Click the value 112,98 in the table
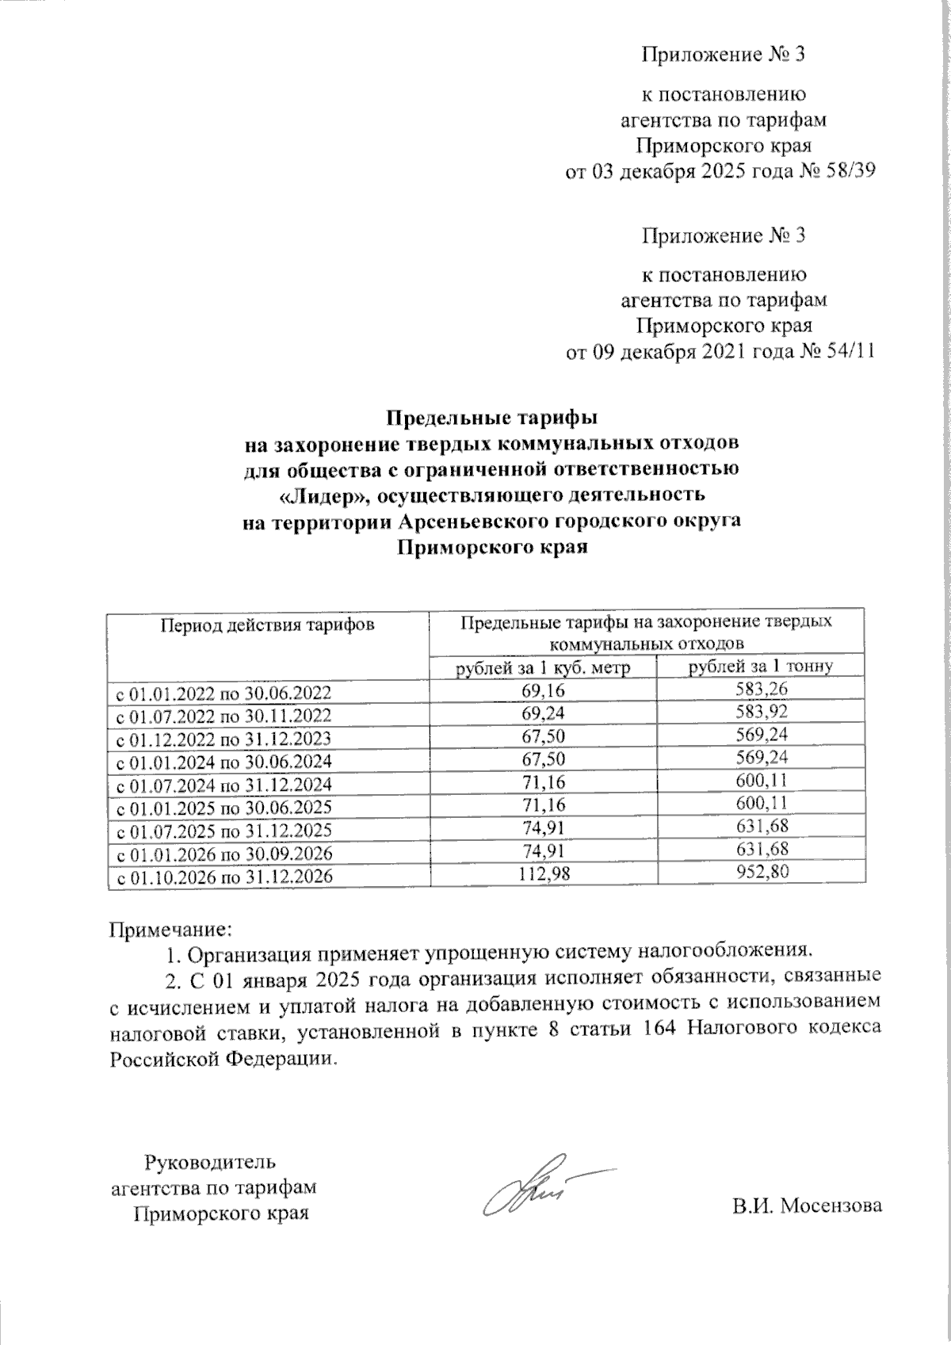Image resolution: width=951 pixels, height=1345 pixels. (543, 873)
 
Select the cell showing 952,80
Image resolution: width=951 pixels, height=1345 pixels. (761, 872)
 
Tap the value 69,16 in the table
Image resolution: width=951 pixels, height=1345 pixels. (543, 690)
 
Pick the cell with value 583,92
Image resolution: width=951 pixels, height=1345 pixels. (761, 713)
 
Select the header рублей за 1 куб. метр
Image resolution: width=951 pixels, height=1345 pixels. (543, 668)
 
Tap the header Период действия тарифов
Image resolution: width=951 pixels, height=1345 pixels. (267, 625)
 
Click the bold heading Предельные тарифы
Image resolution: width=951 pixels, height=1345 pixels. (491, 415)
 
